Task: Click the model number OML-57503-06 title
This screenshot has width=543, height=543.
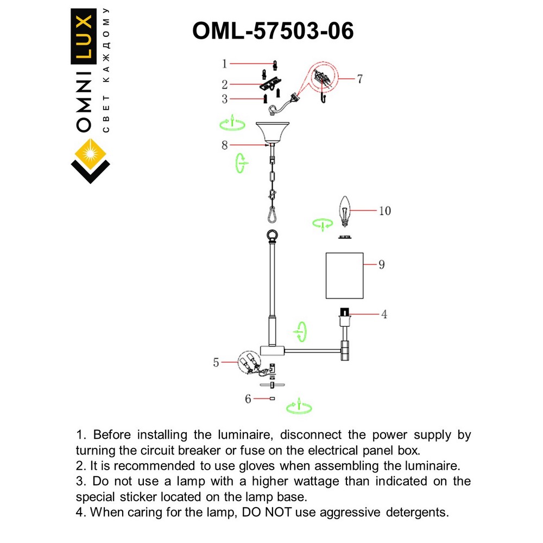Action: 273,31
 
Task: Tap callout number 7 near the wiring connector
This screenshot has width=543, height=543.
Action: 359,78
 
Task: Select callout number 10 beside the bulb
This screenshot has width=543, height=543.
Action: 384,210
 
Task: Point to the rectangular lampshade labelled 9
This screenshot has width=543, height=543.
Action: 344,275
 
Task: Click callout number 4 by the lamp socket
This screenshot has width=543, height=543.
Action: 384,314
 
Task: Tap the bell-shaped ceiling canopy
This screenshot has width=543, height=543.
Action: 271,131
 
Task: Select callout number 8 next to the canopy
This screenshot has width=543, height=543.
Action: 224,145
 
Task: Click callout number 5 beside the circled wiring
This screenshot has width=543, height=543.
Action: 216,362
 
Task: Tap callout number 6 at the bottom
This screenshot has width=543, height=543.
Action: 248,399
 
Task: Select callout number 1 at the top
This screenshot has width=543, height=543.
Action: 224,64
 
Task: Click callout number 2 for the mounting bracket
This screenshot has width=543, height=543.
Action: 224,84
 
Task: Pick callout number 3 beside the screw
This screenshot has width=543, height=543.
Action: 224,99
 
